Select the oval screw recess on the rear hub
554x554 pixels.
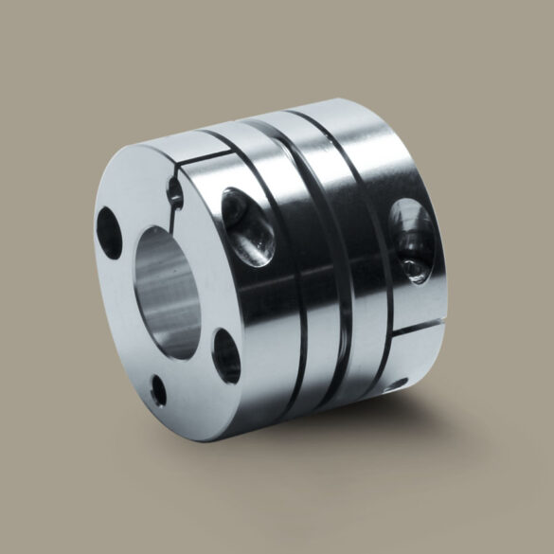click(x=411, y=242)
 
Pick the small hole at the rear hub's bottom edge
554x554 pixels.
click(x=398, y=384)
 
